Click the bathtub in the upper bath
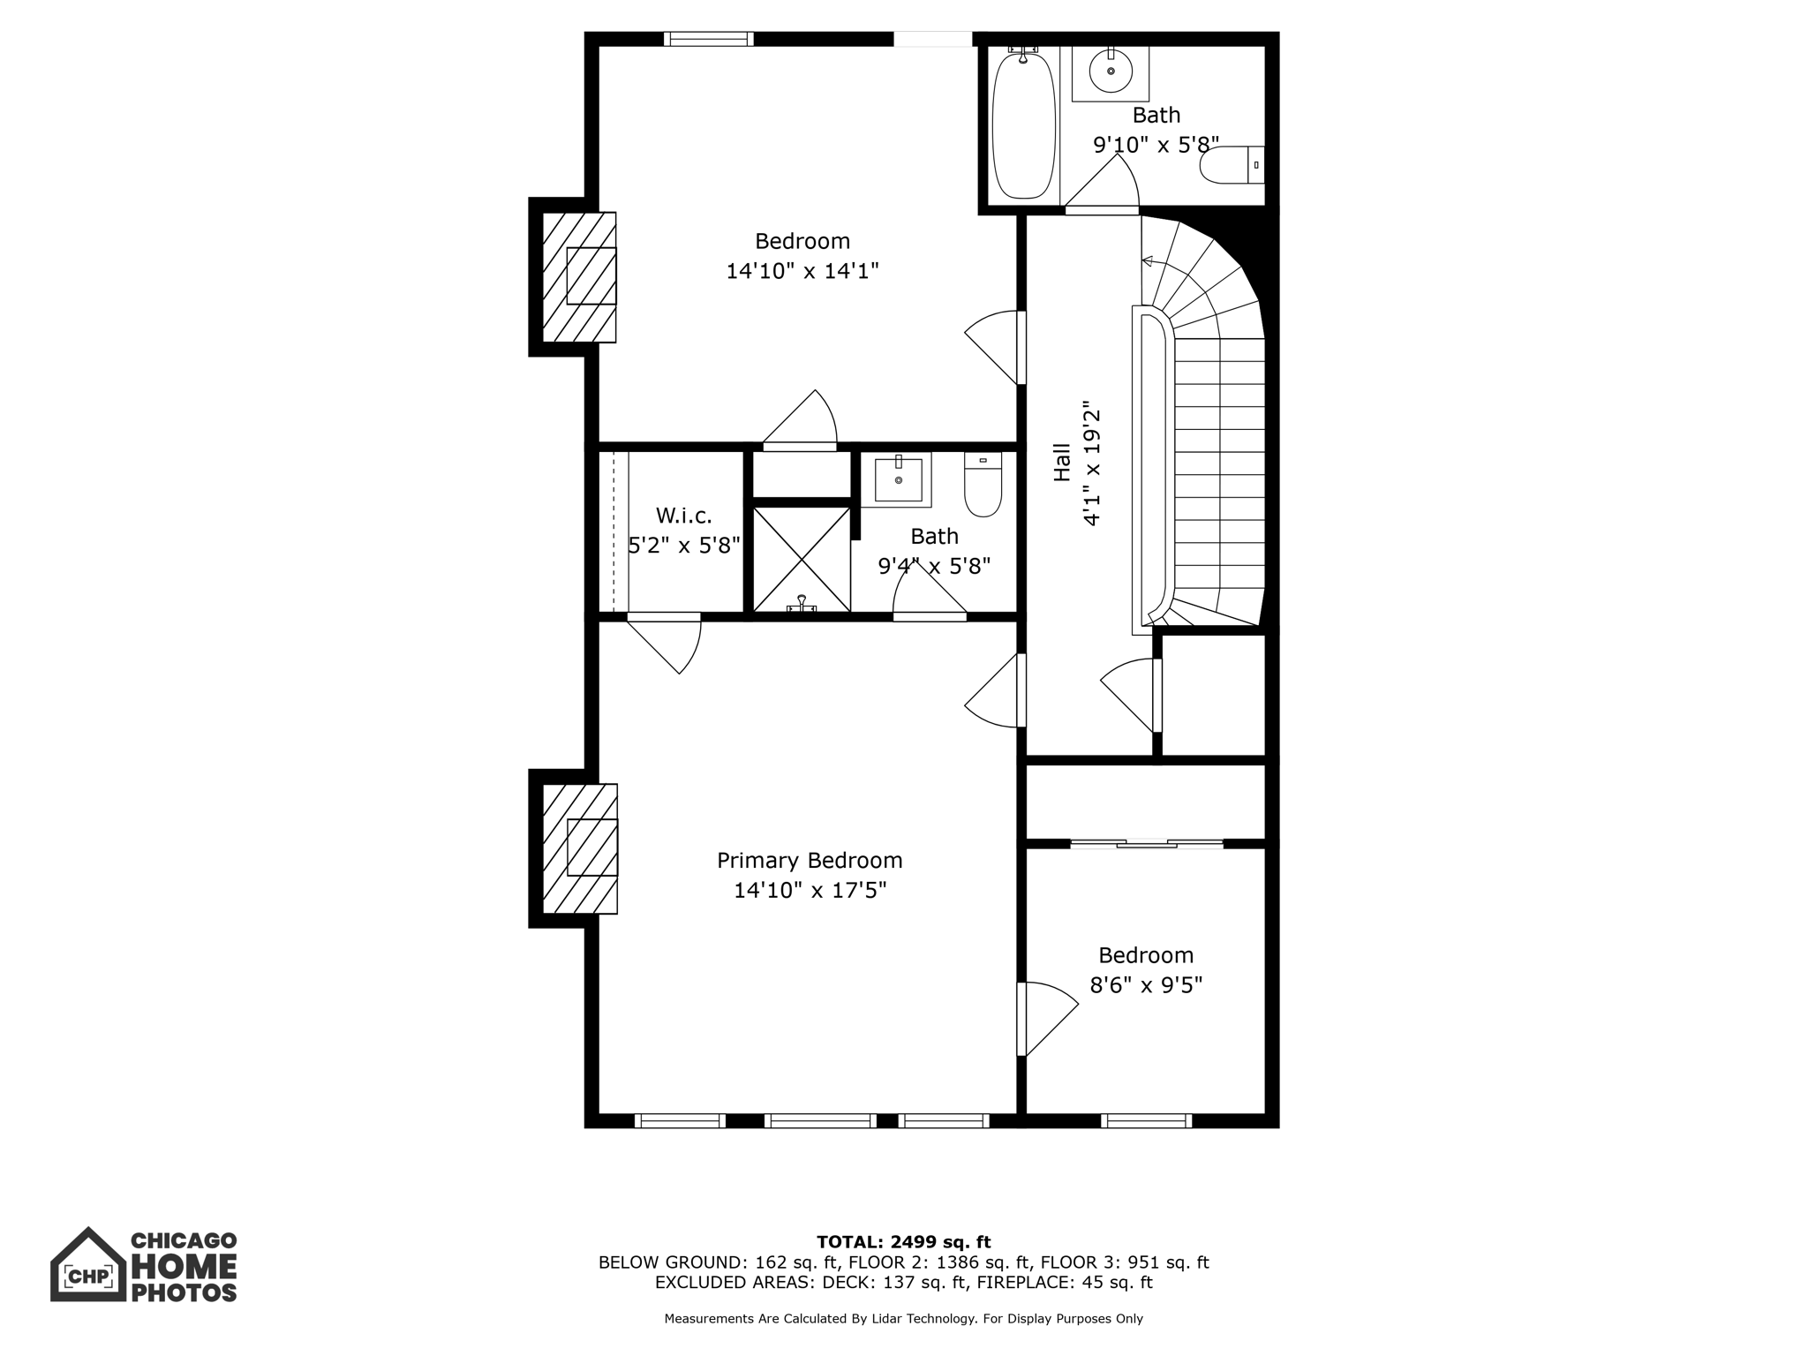pyautogui.click(x=1023, y=124)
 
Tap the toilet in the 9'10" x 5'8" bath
pyautogui.click(x=1232, y=165)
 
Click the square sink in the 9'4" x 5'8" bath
pyautogui.click(x=898, y=479)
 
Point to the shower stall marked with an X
pyautogui.click(x=801, y=558)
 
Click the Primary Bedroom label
pyautogui.click(x=809, y=860)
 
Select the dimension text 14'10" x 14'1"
pyautogui.click(x=802, y=271)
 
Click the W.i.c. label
pyautogui.click(x=683, y=516)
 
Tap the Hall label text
pyautogui.click(x=1062, y=462)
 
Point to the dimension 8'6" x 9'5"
pyautogui.click(x=1146, y=984)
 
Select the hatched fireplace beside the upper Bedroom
pyautogui.click(x=579, y=276)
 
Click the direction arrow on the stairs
pyautogui.click(x=1148, y=260)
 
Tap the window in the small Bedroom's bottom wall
pyautogui.click(x=1146, y=1121)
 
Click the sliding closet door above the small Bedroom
pyautogui.click(x=1146, y=845)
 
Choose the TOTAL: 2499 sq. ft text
pyautogui.click(x=903, y=1242)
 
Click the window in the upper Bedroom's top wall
pyautogui.click(x=708, y=39)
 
